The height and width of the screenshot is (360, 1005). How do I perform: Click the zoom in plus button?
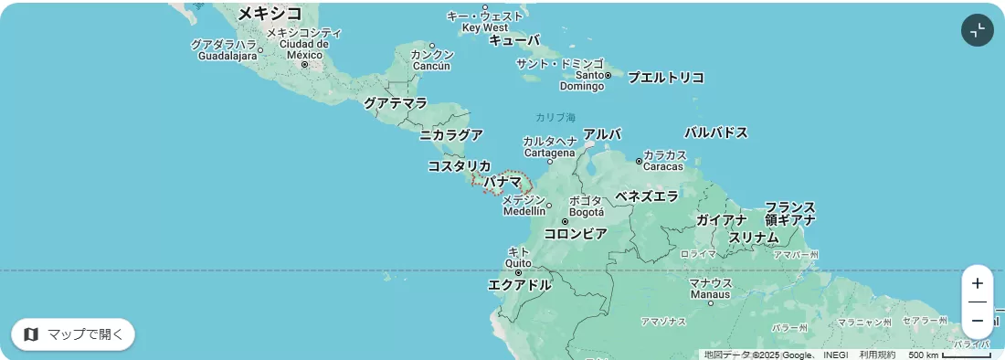[x=977, y=283]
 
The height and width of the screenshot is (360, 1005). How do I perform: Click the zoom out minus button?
[x=977, y=321]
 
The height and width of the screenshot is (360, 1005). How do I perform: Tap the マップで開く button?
[x=73, y=334]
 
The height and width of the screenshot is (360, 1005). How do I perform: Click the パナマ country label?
[x=503, y=182]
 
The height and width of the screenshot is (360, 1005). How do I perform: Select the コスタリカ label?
[x=459, y=165]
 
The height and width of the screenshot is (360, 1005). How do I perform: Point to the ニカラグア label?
[x=451, y=135]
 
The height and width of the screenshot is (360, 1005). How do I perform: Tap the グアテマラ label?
[x=395, y=103]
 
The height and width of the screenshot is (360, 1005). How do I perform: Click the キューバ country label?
[x=514, y=40]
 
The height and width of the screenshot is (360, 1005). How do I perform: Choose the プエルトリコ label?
[x=666, y=78]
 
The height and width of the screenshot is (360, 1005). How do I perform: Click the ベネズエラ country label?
[x=647, y=196]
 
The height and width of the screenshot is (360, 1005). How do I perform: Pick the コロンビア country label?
[x=576, y=234]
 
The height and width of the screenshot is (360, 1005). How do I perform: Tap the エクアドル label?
[x=520, y=285]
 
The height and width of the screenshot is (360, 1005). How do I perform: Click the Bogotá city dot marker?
[x=566, y=221]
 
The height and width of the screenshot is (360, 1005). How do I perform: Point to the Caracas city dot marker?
[x=639, y=162]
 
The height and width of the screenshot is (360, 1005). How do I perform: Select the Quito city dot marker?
[x=518, y=272]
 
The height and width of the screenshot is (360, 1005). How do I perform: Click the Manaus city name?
[x=710, y=294]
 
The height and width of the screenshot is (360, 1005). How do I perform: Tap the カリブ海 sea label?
[x=555, y=117]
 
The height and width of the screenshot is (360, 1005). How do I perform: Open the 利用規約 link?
[x=877, y=355]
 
